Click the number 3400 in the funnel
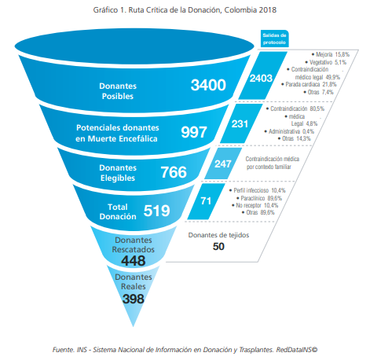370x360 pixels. coord(208,85)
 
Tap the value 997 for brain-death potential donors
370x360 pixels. coord(194,132)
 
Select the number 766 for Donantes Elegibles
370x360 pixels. coord(174,172)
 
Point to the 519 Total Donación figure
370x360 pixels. coord(156,211)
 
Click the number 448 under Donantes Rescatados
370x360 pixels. coord(134,261)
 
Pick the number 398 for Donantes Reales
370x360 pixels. coord(134,299)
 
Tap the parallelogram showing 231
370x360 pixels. coord(241,123)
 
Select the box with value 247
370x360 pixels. coord(223,163)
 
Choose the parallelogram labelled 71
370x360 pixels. coord(206,201)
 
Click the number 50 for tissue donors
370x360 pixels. coord(218,247)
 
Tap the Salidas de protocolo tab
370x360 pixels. coord(274,39)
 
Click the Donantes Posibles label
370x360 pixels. coord(118,91)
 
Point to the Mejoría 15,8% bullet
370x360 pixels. coord(331,54)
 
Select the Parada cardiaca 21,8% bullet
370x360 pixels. coord(309,84)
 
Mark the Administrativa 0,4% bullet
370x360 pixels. coord(289,131)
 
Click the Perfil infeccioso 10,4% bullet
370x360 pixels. coord(257,190)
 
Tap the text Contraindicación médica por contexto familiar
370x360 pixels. coord(272,163)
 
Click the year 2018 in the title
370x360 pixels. coord(268,10)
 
